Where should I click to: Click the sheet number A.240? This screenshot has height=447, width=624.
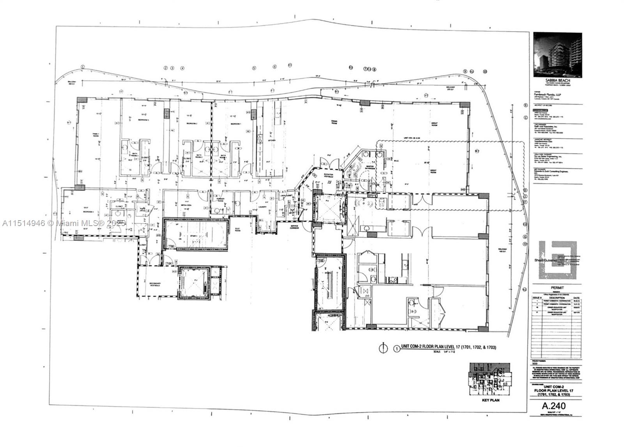[553, 406]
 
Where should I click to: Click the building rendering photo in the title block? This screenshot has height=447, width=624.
[557, 54]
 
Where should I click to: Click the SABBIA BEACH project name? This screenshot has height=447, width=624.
[557, 80]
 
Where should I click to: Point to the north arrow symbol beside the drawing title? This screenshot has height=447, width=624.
[385, 348]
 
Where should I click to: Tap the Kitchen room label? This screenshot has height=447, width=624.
[271, 140]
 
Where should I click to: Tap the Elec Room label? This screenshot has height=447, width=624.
[238, 230]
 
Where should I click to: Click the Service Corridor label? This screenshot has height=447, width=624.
[294, 226]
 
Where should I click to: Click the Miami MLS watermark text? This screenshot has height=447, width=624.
[62, 223]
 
